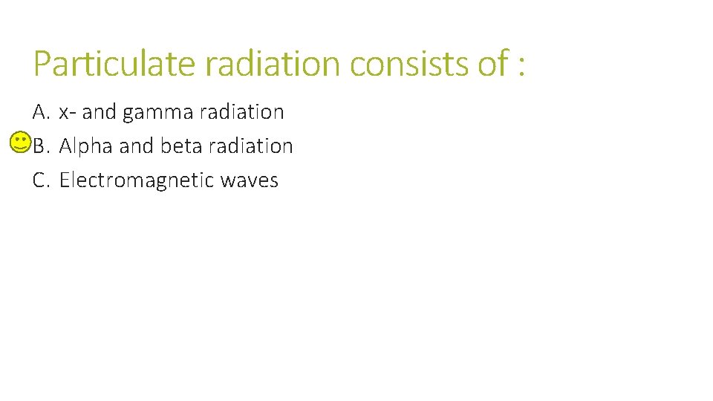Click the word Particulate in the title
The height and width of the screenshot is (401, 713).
(115, 63)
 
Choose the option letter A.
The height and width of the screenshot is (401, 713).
(41, 112)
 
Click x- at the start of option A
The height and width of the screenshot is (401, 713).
(67, 113)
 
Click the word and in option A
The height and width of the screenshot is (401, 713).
(100, 112)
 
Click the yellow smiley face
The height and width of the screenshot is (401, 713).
(22, 142)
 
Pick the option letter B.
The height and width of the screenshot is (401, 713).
(41, 146)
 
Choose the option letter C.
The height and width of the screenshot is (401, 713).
(41, 180)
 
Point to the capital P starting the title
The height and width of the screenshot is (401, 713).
(42, 63)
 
